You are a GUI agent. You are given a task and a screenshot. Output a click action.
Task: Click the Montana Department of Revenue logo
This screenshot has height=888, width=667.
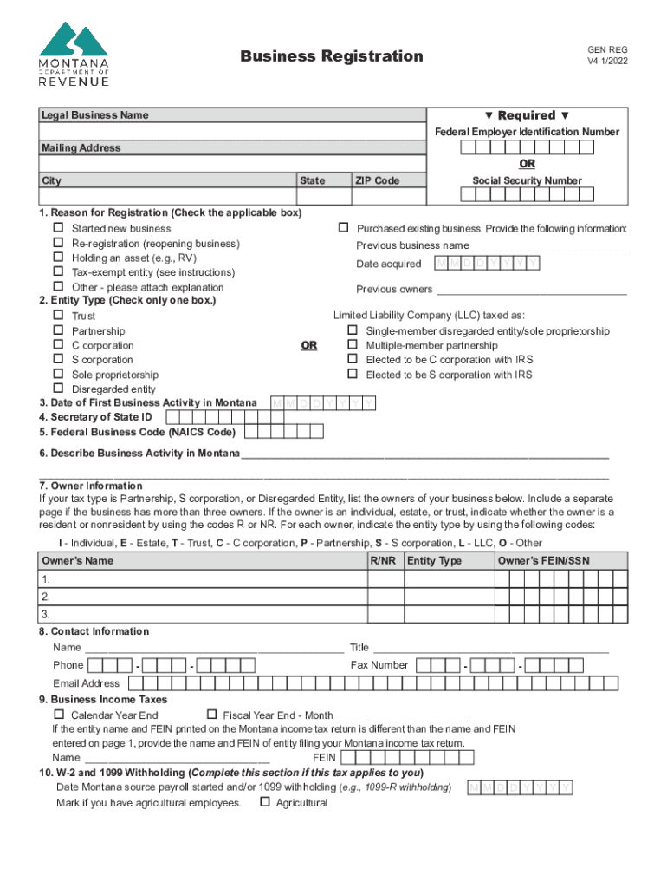74,54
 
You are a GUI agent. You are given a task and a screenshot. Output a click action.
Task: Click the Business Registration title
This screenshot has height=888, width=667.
332,56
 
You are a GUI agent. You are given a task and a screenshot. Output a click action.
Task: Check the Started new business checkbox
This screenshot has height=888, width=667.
59,229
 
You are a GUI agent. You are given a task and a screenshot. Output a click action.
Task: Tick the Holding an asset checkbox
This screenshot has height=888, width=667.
59,258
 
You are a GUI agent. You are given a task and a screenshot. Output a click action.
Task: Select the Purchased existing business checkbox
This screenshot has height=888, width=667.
343,228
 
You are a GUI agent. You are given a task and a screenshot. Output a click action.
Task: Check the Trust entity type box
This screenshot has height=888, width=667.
59,316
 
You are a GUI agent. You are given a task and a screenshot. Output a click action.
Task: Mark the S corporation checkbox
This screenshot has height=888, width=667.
59,359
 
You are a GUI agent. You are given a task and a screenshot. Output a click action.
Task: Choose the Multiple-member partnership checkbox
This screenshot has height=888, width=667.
353,345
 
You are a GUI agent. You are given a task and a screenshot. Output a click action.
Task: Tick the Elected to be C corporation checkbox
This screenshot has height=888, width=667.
353,359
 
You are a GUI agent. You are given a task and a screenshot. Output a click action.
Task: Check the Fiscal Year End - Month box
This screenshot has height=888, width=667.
210,715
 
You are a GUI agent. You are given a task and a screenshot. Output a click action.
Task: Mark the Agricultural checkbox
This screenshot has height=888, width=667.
264,802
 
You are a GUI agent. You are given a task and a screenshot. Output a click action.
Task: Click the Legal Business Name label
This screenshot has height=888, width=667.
95,115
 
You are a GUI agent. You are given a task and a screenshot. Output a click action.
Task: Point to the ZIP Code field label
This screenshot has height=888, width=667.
377,180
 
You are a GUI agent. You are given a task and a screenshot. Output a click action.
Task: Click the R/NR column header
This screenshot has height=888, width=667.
383,561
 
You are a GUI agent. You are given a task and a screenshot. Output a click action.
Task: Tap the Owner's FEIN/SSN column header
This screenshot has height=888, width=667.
543,561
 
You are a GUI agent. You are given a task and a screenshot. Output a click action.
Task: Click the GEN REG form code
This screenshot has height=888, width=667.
607,49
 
